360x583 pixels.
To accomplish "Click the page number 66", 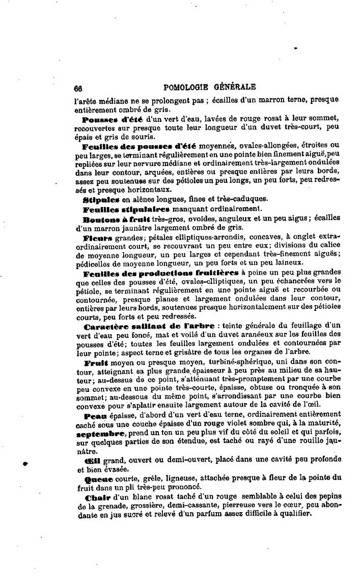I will (78, 87).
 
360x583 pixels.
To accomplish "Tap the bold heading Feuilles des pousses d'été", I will (139, 145).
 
